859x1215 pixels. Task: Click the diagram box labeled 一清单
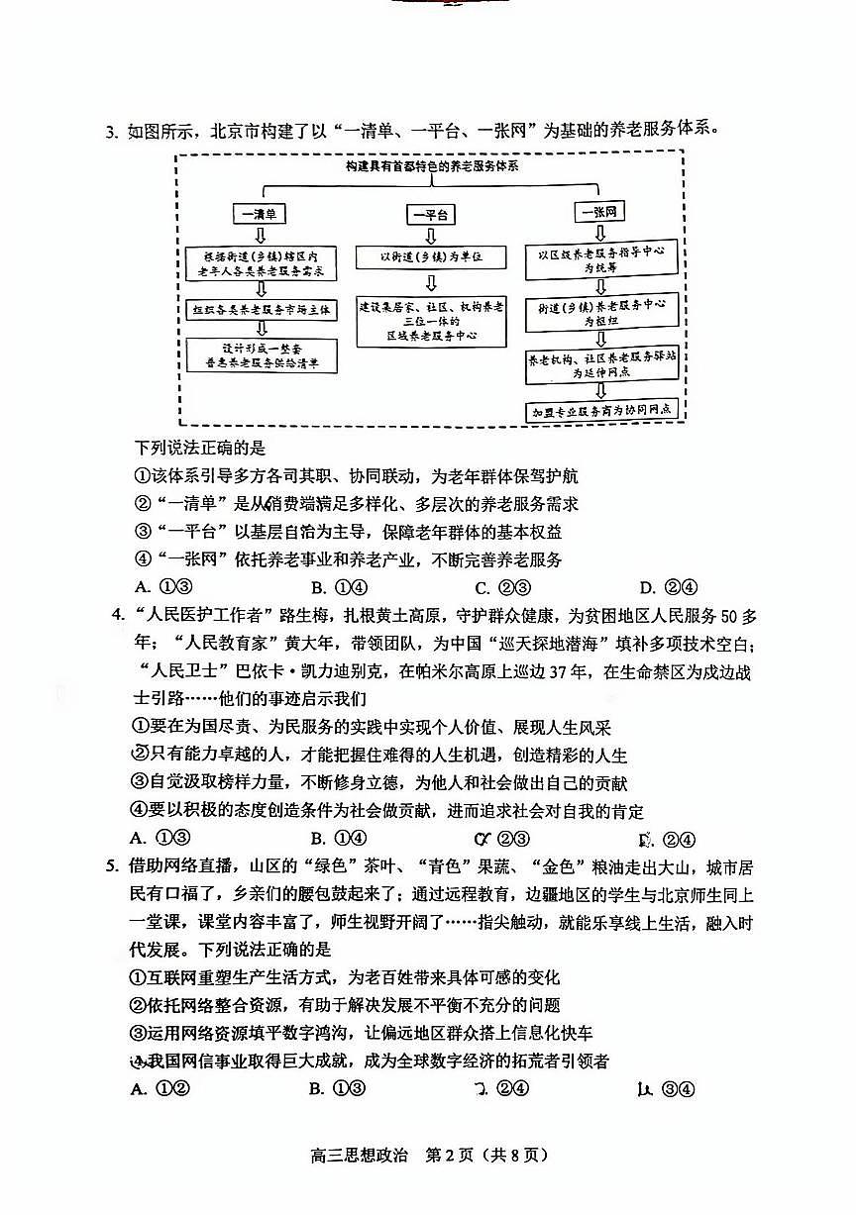[x=261, y=213]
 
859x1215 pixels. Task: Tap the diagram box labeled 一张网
[x=599, y=212]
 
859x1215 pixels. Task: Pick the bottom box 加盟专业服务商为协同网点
[x=601, y=410]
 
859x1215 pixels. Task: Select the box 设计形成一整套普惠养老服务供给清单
[x=262, y=355]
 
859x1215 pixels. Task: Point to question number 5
[x=112, y=868]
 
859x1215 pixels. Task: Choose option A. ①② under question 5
[x=160, y=1089]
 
